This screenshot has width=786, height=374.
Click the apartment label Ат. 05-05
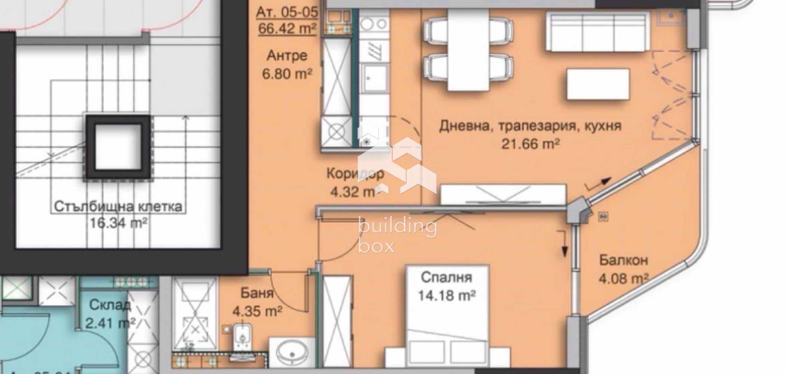[287, 12]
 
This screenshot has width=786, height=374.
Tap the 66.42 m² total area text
[287, 28]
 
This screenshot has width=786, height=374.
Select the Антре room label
[287, 56]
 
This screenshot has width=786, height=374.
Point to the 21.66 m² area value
[530, 144]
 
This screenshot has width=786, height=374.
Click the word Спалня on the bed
[446, 278]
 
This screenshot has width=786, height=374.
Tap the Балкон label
[623, 260]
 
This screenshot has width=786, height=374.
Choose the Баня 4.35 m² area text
[257, 311]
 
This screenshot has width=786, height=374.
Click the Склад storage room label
[110, 305]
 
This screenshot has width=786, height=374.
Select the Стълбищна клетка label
[118, 206]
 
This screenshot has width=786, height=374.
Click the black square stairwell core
[118, 146]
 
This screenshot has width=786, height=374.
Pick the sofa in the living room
[597, 32]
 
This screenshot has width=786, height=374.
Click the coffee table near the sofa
[597, 84]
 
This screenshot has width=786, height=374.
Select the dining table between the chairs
[468, 50]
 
